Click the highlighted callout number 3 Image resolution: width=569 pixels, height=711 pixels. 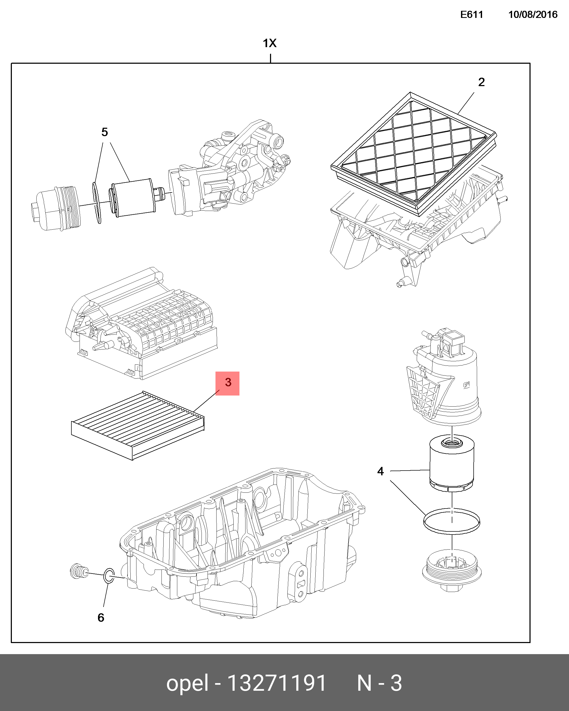[x=228, y=383]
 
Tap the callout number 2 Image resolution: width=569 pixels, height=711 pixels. [x=481, y=82]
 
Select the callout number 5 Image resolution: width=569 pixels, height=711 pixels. [x=105, y=132]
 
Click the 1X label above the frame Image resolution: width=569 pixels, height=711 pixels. [x=269, y=43]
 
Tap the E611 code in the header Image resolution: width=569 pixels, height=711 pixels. [x=471, y=14]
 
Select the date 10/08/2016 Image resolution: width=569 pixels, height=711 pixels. [x=532, y=14]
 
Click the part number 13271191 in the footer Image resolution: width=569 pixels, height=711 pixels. [x=276, y=683]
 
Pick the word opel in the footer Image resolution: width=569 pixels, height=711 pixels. [x=187, y=683]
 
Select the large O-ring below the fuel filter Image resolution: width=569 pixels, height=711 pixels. [x=452, y=521]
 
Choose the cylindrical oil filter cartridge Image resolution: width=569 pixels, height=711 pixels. [x=134, y=198]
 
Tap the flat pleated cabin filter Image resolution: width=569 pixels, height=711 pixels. [x=138, y=425]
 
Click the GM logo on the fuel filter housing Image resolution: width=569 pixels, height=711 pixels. [x=466, y=384]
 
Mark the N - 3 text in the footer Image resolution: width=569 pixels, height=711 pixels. [x=379, y=683]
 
